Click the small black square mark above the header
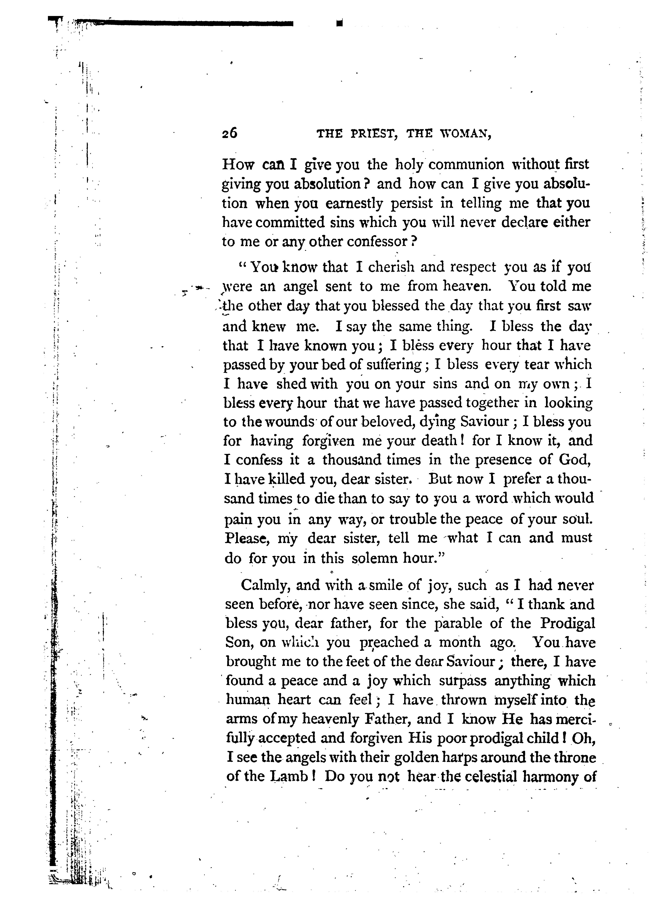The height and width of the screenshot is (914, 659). [x=339, y=23]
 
